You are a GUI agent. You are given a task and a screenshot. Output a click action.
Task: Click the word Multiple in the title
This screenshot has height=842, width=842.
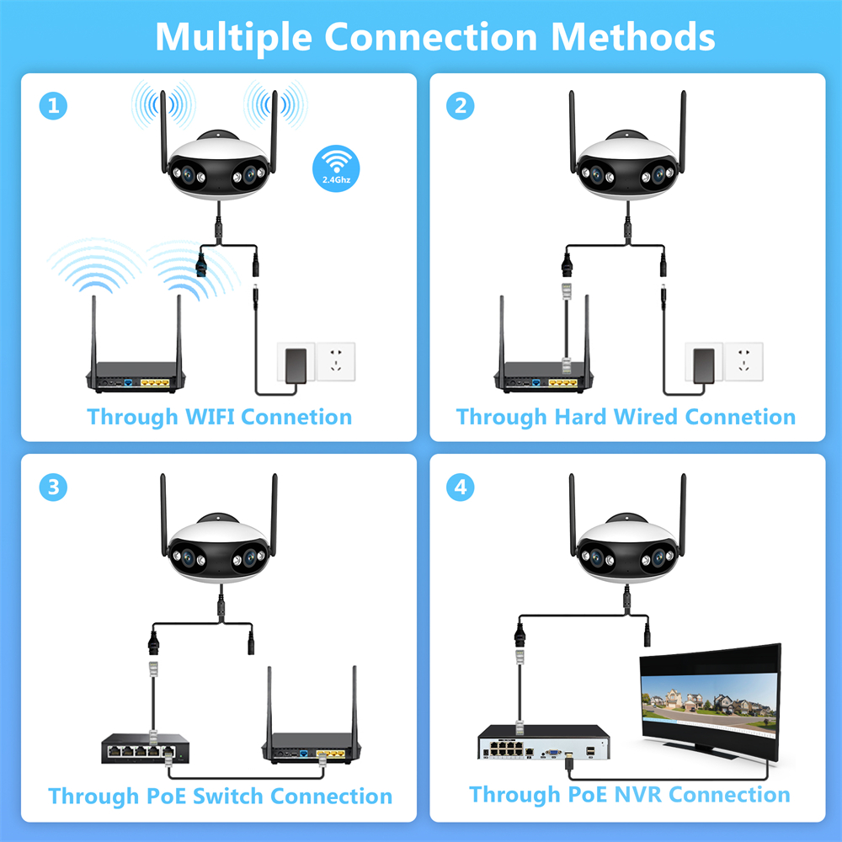pos(233,36)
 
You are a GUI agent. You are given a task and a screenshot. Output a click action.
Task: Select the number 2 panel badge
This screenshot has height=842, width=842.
pos(461,106)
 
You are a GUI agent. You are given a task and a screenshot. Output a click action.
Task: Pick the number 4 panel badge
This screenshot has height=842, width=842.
pos(461,487)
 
